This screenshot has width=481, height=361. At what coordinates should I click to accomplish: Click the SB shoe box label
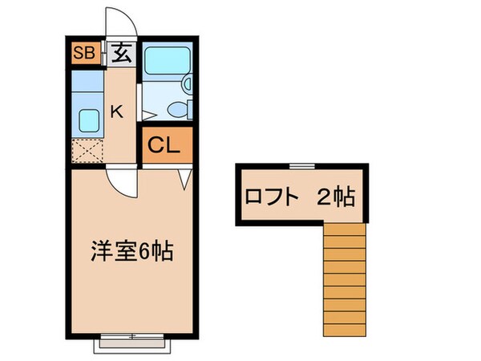[x=84, y=55]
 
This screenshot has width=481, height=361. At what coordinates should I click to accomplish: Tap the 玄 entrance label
[x=122, y=55]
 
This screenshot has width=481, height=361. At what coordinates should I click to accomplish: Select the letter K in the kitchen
[x=116, y=112]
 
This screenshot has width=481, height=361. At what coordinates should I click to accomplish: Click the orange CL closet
[x=168, y=146]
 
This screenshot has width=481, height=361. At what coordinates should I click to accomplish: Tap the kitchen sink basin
[x=87, y=121]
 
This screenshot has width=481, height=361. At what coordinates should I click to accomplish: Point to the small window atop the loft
[x=301, y=164]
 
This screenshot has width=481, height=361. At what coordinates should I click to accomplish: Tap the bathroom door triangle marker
[x=146, y=105]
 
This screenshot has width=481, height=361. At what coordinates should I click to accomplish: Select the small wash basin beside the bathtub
[x=186, y=83]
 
